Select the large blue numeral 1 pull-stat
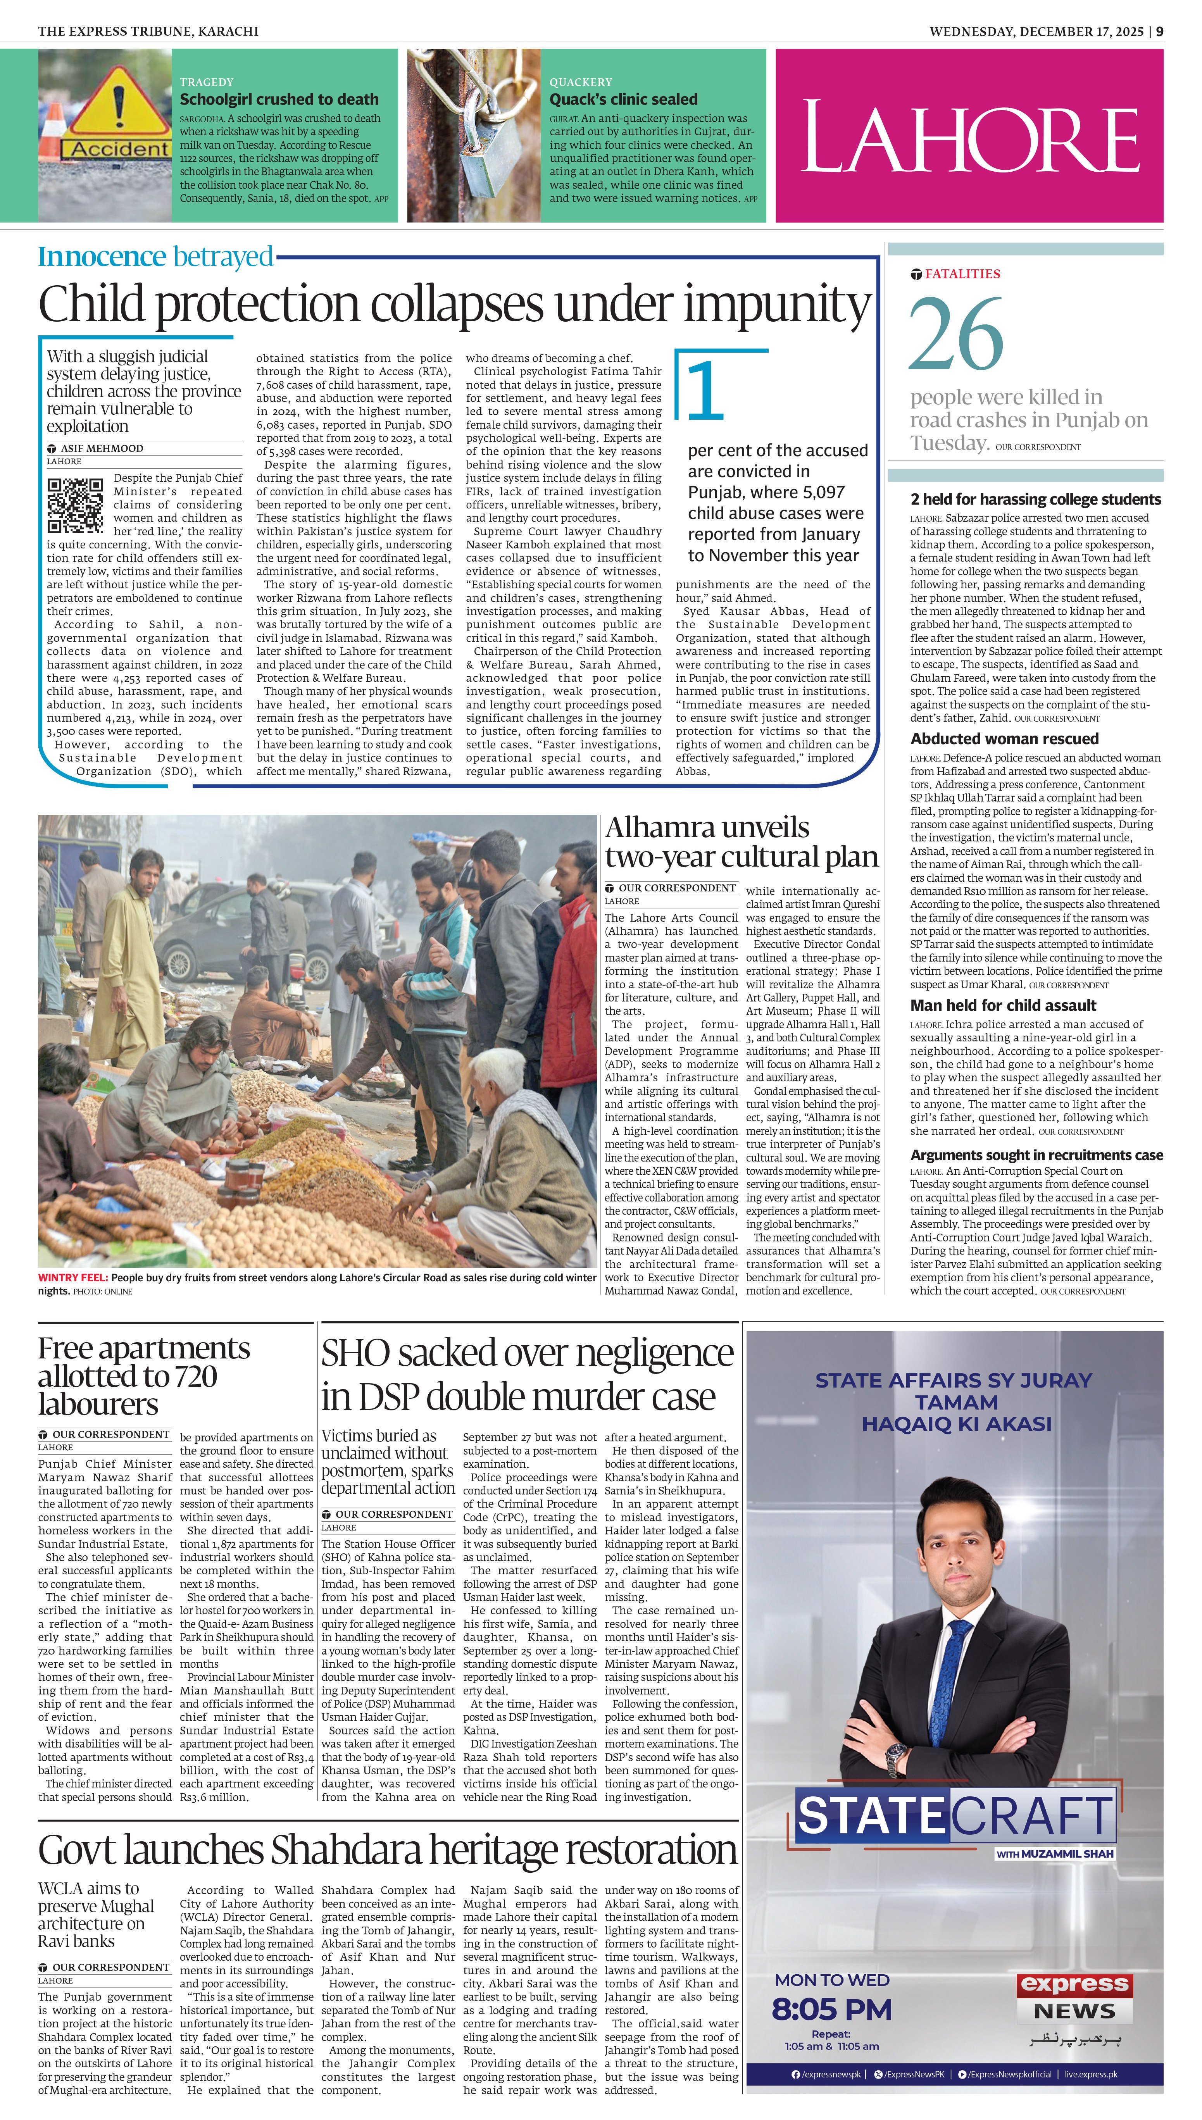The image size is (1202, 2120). [706, 390]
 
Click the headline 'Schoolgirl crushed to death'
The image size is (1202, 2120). [279, 99]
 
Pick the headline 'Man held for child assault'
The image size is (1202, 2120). [1003, 1005]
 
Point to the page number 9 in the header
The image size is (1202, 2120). [1159, 31]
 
